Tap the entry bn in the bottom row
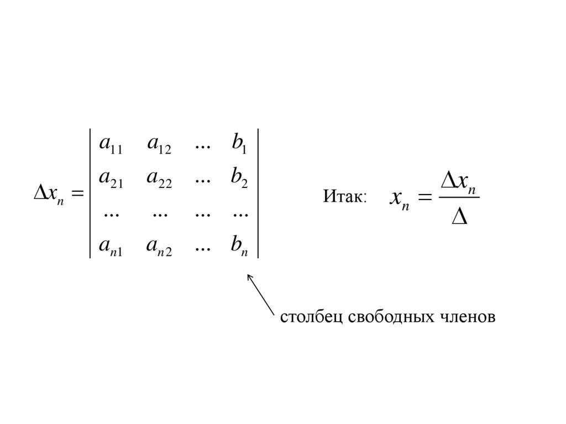pos(240,244)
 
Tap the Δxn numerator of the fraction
pos(459,182)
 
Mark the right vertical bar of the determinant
pos(258,193)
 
